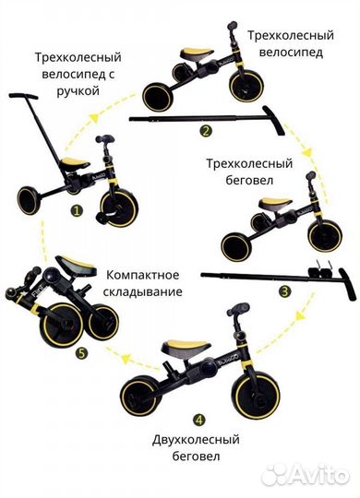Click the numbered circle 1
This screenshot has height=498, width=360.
point(78,209)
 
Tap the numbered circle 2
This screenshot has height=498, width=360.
point(206,130)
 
